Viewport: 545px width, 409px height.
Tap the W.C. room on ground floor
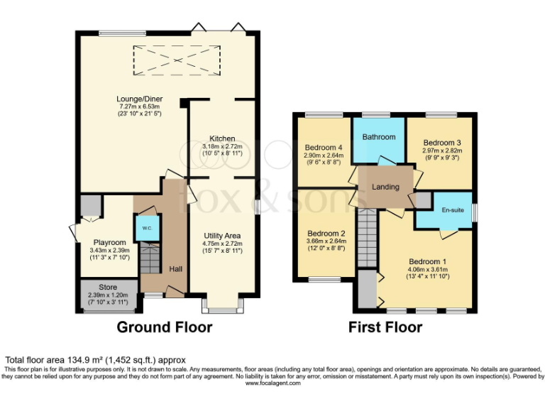(147, 228)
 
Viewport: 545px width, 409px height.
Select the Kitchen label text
(222, 138)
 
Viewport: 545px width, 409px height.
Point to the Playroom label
(108, 243)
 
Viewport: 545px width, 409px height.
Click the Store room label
(108, 288)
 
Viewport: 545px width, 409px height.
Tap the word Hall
(175, 269)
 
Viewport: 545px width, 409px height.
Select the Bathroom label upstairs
(379, 136)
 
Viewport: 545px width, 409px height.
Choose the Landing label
(385, 187)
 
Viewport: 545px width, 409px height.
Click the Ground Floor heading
(164, 327)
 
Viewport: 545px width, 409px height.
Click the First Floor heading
(385, 327)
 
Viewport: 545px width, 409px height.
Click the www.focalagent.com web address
(272, 383)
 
